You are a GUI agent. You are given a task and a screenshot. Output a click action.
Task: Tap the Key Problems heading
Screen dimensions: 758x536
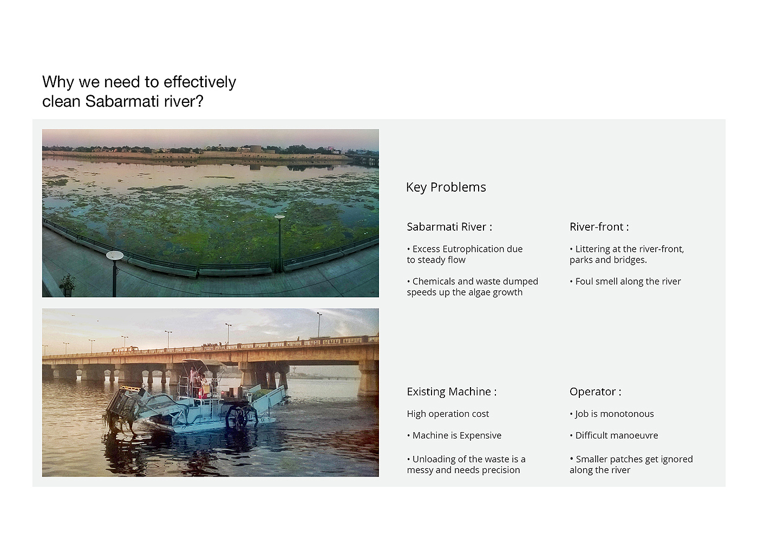click(446, 187)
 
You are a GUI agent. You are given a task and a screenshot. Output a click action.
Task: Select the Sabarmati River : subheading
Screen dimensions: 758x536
click(449, 227)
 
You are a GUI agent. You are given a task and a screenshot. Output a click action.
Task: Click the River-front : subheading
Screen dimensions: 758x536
click(599, 227)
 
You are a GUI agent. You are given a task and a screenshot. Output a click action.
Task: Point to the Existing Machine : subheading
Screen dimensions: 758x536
click(452, 391)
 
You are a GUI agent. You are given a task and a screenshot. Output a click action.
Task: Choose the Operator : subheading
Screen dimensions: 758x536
click(595, 392)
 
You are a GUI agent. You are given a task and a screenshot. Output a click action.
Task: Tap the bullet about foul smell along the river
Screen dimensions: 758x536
click(625, 282)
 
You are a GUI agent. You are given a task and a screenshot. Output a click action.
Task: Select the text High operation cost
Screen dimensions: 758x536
click(448, 414)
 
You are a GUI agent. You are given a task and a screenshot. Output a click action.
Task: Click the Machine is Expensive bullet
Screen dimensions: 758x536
click(454, 436)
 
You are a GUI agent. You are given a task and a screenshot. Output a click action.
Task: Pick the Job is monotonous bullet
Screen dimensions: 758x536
click(612, 414)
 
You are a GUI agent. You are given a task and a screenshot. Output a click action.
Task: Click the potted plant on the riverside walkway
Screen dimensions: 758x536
click(67, 285)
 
